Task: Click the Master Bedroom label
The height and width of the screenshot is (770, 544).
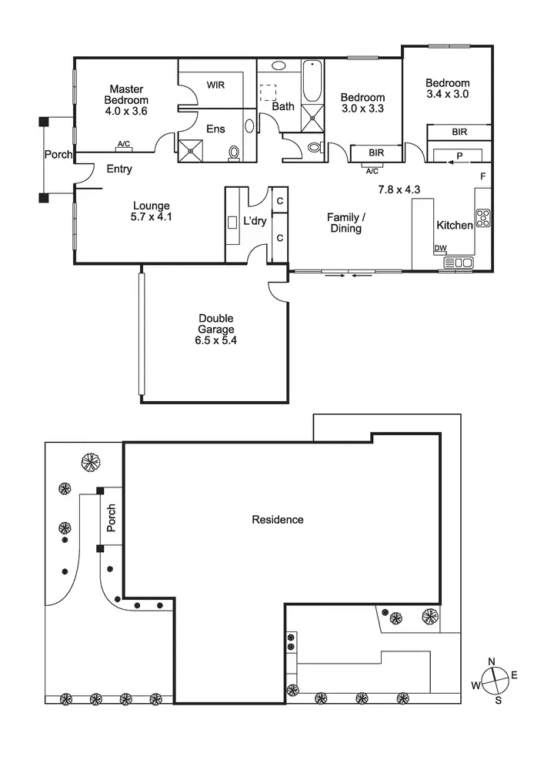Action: click(127, 95)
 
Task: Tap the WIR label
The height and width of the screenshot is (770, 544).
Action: click(215, 85)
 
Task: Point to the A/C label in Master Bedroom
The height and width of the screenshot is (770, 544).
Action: click(123, 144)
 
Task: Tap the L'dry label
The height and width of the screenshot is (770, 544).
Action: click(255, 221)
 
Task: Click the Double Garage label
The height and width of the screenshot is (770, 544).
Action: click(216, 329)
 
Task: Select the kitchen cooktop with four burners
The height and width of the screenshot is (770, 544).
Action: click(483, 219)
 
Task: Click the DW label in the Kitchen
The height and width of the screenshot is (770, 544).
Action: click(440, 248)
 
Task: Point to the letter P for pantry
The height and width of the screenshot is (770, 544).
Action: click(459, 156)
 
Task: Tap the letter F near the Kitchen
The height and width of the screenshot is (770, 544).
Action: click(483, 176)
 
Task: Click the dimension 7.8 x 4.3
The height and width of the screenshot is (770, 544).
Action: click(398, 189)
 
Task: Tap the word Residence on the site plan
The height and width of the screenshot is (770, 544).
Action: click(278, 520)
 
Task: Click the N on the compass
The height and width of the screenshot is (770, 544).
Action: click(492, 661)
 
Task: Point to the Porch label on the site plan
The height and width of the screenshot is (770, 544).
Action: click(112, 517)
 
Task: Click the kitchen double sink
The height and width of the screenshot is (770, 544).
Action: click(459, 263)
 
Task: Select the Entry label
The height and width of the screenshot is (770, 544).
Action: click(119, 169)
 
